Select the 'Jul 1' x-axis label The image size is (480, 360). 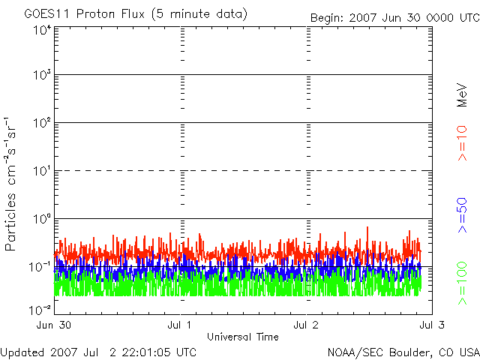coord(181,325)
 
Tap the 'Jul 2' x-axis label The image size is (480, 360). coord(307,325)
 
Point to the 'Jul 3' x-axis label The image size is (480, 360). coord(433,325)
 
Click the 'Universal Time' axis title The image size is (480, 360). coord(242,336)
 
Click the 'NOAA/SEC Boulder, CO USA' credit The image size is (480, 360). coord(403,352)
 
